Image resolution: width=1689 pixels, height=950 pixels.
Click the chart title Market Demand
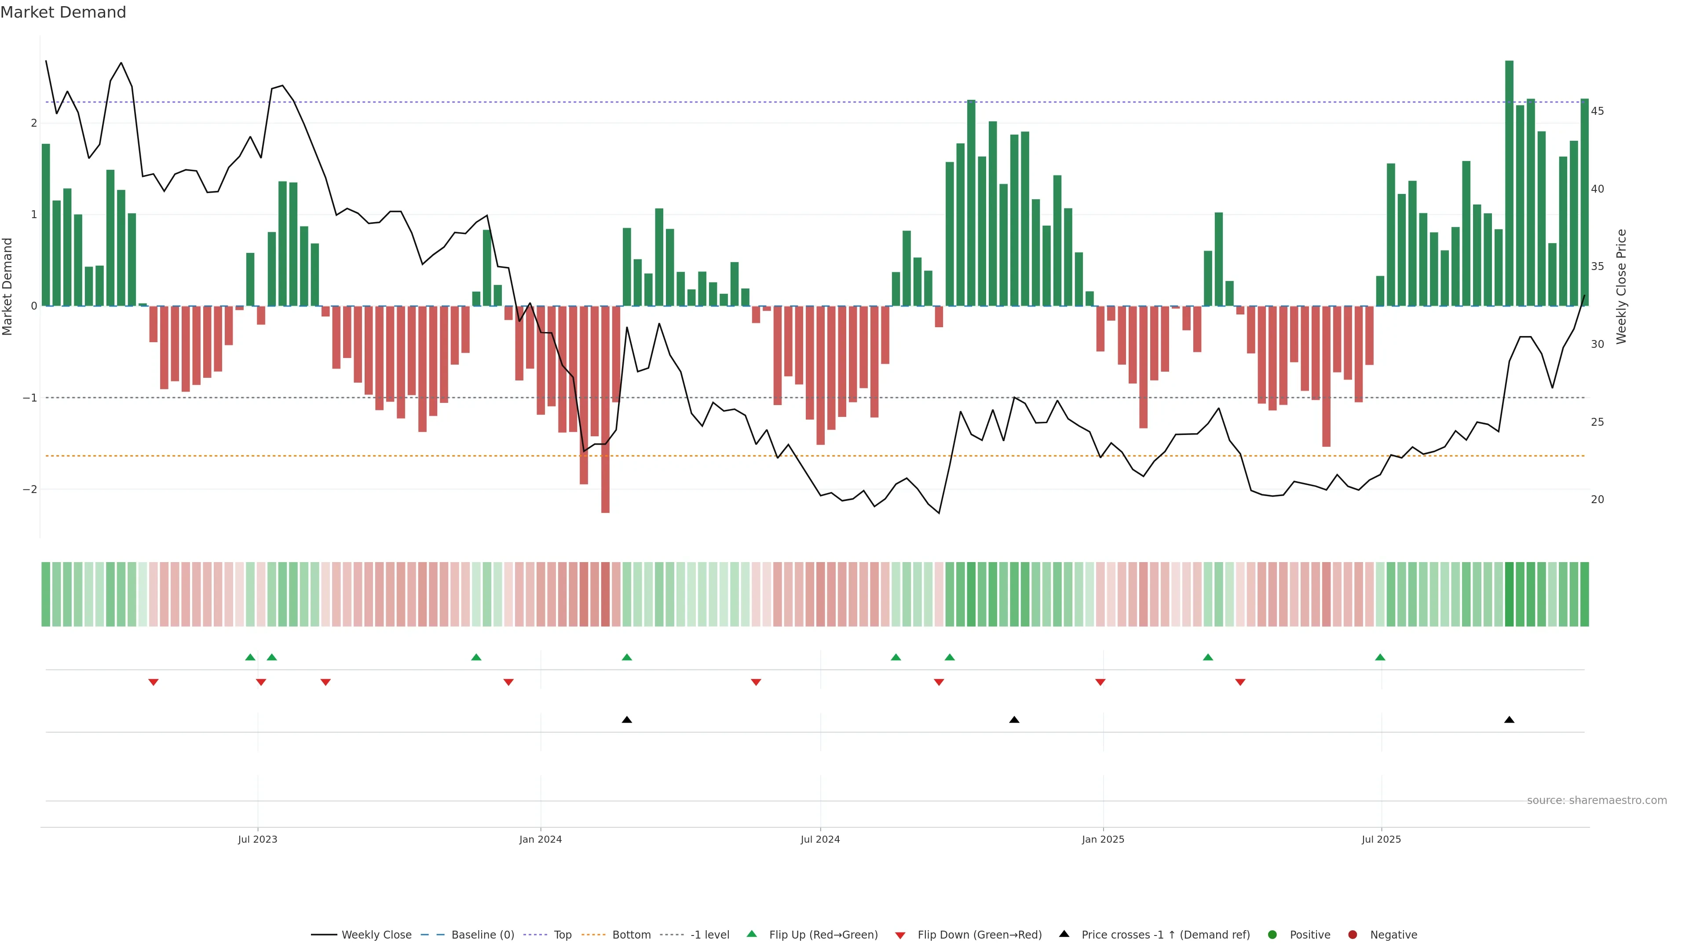[63, 12]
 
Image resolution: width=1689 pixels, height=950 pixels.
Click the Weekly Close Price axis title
[1621, 286]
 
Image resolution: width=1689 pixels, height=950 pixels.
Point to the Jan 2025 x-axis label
[1103, 839]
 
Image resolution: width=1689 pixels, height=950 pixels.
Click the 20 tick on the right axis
[1597, 500]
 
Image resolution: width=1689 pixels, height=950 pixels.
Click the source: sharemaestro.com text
[1597, 800]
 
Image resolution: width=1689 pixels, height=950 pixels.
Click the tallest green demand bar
[1510, 183]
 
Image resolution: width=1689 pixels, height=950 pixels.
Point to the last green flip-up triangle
[1380, 658]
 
